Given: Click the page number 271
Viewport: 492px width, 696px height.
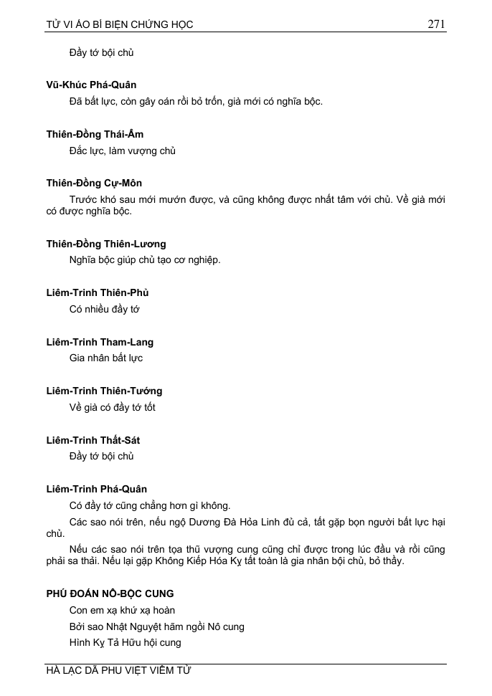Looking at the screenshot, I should click(436, 24).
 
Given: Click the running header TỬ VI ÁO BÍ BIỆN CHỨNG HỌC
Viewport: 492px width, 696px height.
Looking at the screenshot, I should click(120, 24).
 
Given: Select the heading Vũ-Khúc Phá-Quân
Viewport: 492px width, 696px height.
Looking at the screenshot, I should click(91, 85).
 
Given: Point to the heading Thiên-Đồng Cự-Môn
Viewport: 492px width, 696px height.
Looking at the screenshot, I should click(94, 183).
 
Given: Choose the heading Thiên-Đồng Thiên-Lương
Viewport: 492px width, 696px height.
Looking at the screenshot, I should click(105, 244).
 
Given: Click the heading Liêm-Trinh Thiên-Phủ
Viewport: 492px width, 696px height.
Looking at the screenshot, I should click(98, 292).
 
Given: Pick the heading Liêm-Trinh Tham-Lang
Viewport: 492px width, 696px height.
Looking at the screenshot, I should click(100, 342).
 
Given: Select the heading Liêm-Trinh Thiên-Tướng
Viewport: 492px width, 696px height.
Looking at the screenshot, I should click(104, 391).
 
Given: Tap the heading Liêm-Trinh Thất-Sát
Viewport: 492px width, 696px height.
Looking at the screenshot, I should click(93, 440).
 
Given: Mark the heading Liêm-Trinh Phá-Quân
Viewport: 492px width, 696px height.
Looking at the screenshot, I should click(96, 489).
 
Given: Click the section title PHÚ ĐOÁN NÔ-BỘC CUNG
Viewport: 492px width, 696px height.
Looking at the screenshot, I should click(110, 593).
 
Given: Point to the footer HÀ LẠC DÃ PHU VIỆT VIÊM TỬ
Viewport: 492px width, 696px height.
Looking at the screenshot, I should click(118, 671).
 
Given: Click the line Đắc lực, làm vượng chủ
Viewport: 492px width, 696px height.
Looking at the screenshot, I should click(122, 151).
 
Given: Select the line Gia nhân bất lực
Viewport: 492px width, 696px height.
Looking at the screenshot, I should click(106, 358).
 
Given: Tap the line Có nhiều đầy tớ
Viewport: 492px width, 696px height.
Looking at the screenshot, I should click(104, 309).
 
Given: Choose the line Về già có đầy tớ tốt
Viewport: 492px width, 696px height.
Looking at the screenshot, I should click(112, 407).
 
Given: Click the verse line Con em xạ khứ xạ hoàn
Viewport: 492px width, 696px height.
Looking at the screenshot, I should click(122, 610).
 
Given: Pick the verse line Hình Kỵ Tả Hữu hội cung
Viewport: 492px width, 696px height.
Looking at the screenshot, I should click(125, 642).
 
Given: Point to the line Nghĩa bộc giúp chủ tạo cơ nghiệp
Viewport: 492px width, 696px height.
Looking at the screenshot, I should click(145, 259).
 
